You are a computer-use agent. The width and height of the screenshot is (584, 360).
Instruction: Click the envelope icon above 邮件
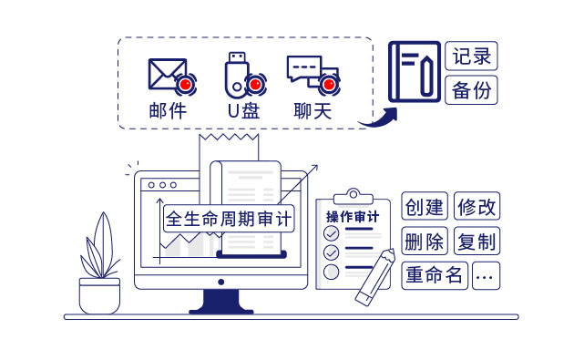(x=165, y=76)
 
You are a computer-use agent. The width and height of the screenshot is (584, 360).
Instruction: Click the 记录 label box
(x=472, y=56)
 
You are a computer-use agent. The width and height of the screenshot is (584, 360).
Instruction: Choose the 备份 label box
(x=472, y=89)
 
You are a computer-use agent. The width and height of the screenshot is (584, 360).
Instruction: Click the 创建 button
(x=425, y=206)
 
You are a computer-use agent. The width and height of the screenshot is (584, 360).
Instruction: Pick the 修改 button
(x=477, y=206)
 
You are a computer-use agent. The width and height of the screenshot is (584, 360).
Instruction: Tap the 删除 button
(x=425, y=242)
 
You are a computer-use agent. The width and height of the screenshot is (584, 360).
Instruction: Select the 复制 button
(x=477, y=242)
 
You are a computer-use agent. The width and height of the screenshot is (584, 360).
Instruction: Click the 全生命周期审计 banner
(x=230, y=220)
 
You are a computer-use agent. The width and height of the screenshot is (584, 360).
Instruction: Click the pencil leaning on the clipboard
(x=376, y=278)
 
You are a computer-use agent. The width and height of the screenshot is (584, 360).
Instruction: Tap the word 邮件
(x=168, y=111)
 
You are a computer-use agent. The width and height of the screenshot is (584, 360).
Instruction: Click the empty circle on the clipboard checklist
(x=332, y=272)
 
